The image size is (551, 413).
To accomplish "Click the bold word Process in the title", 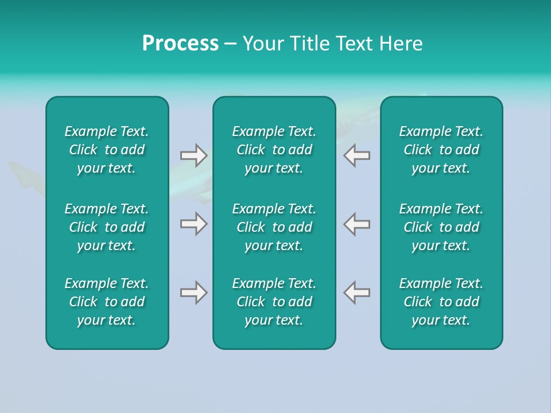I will [180, 44].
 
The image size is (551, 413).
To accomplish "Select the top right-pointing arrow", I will [193, 155].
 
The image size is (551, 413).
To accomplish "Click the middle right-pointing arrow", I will [193, 223].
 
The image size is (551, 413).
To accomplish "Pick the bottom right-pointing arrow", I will [193, 293].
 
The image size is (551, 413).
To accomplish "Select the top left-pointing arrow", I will [357, 155].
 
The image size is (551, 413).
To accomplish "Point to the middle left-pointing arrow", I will [357, 223].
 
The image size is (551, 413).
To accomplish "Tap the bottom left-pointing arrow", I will [357, 293].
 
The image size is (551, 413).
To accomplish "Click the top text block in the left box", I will [107, 150].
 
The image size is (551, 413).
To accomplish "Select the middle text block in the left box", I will [107, 227].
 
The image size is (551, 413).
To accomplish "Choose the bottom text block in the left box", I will [107, 302].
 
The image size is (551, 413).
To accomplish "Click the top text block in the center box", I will [274, 150].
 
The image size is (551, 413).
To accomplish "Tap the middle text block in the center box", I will [274, 227].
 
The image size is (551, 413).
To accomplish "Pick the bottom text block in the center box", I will [274, 302].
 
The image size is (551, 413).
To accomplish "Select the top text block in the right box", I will [441, 150].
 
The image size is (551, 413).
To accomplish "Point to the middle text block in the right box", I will [441, 227].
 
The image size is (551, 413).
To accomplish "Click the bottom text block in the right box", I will [441, 302].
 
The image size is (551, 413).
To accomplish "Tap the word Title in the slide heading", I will [309, 44].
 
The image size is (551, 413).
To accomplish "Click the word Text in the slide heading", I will [354, 44].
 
